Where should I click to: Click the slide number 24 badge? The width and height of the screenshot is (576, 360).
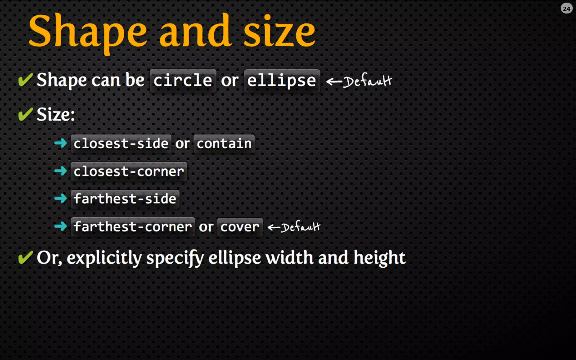[566, 9]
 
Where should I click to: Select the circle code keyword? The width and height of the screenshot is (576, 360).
[183, 81]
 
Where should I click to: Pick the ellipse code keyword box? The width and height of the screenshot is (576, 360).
[282, 81]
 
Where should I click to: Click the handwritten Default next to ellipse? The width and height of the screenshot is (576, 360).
[367, 81]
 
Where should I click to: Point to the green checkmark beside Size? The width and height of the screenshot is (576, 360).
[25, 114]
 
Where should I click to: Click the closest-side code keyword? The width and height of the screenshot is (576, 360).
[121, 144]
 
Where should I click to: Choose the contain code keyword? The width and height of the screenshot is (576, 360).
[224, 144]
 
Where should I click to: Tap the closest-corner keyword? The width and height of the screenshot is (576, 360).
[129, 171]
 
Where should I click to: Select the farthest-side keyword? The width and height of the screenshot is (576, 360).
[125, 199]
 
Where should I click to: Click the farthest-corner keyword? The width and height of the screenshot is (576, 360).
[133, 227]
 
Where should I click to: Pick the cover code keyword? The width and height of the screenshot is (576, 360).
[240, 227]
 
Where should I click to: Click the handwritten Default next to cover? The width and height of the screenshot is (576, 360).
[300, 227]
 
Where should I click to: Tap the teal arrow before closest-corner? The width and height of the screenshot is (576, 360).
[60, 171]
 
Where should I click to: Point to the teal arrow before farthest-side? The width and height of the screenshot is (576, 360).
[60, 199]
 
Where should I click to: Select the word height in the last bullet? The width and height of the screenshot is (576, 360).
[379, 258]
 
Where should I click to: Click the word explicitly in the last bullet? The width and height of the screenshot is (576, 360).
[104, 258]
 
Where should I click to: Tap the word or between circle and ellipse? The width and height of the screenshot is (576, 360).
[230, 81]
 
